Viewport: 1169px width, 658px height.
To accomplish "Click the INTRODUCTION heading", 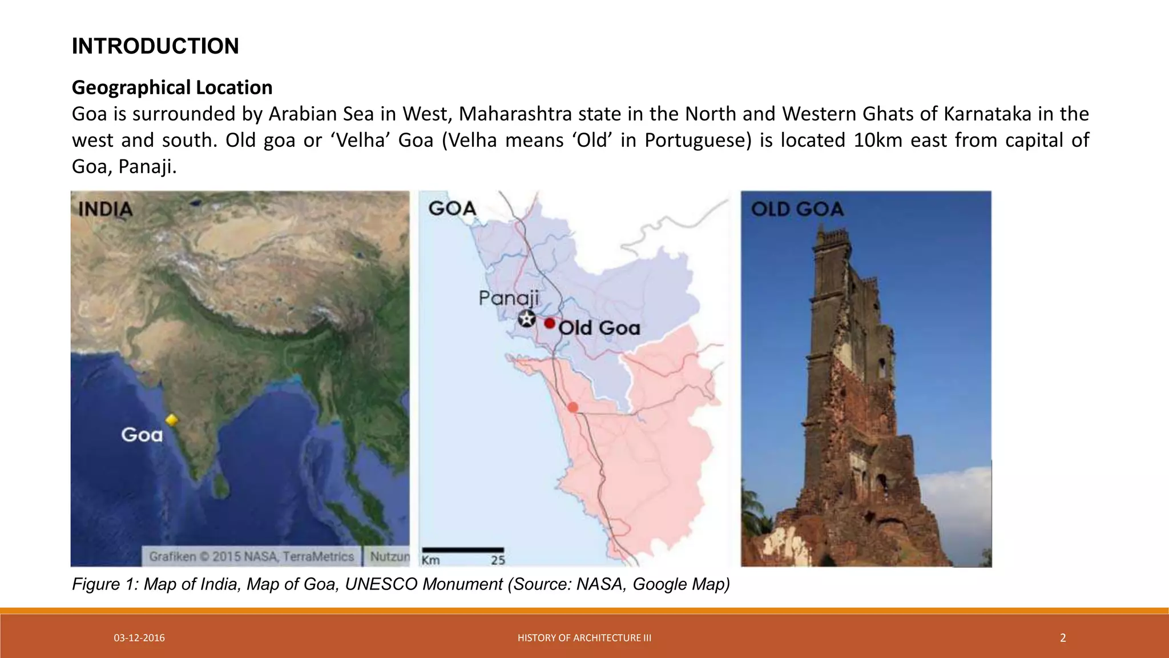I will click(155, 46).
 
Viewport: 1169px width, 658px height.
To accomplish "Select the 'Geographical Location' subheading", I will click(172, 87).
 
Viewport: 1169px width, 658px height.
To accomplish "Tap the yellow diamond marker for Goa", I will click(171, 420).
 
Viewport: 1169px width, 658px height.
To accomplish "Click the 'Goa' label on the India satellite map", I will click(142, 435).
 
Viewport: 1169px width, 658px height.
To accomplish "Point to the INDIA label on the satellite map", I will click(106, 210).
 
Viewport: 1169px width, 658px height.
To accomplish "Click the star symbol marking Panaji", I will click(527, 319).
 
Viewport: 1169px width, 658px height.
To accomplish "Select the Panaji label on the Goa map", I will click(508, 298).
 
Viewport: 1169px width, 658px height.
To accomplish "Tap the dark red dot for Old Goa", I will click(549, 323).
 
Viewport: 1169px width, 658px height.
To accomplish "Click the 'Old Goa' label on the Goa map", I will click(599, 328).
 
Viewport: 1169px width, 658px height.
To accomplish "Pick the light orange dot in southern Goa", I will click(573, 407).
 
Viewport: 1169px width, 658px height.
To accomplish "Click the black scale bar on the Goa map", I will click(462, 550).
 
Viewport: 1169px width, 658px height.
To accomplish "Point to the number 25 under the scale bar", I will click(498, 560).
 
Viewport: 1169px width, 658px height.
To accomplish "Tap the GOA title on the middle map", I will click(452, 208).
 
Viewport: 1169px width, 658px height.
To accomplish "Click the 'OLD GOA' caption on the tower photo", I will click(797, 209).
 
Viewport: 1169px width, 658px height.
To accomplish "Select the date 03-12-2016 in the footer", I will click(139, 638).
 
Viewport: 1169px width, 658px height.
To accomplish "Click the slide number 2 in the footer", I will click(1063, 638).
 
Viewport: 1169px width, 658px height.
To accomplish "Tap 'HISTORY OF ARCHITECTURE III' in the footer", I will click(584, 638).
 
